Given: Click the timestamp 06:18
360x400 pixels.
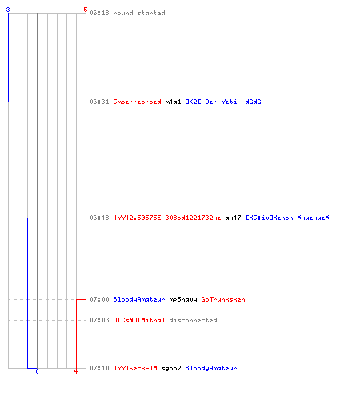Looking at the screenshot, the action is (x=99, y=13).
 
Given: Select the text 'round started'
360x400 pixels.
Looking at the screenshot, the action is (x=139, y=13).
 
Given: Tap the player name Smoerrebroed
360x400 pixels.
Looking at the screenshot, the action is (x=137, y=102).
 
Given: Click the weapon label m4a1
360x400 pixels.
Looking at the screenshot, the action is (x=173, y=102).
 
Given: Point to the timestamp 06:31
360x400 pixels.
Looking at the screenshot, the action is (x=99, y=102).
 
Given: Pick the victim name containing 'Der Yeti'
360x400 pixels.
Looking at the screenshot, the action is (x=223, y=102).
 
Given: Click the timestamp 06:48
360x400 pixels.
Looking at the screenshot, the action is (x=99, y=218).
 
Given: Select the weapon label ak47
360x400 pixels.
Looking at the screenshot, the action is (x=233, y=218).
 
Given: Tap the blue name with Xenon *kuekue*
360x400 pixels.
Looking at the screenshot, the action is (x=287, y=218).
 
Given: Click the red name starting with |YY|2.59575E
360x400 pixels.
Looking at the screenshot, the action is (x=168, y=218).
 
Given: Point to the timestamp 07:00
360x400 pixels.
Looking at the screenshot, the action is (x=99, y=299).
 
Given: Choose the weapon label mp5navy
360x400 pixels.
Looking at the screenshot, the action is (x=183, y=299).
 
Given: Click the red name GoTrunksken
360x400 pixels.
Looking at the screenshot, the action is (x=223, y=299).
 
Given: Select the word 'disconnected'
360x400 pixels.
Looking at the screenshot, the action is (x=193, y=320).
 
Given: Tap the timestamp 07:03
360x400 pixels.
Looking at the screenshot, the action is (x=99, y=320).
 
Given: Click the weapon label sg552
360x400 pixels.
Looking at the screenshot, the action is (x=171, y=368).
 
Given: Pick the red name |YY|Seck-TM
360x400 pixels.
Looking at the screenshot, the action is (x=136, y=368).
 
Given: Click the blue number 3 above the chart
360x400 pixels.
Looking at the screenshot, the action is (x=8, y=10).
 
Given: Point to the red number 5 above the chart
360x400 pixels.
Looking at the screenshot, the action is (x=86, y=10).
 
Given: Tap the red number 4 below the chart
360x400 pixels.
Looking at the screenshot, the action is (x=76, y=371).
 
